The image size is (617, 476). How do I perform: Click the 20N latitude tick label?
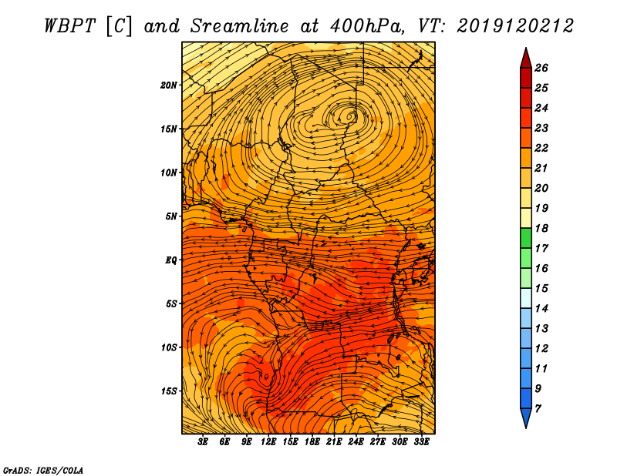pos(169,85)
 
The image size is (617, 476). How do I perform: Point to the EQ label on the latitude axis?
pos(170,260)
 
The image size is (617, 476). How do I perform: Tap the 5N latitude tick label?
pos(171,216)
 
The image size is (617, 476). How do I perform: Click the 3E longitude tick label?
pos(203,442)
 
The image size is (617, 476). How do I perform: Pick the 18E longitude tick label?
pos(312,442)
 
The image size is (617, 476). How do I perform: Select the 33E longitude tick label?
pos(421,442)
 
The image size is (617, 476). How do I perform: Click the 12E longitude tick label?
pos(268,442)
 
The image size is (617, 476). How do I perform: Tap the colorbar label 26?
pos(541,68)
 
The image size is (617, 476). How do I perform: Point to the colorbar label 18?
pos(541,228)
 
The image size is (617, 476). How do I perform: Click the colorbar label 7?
pos(538,408)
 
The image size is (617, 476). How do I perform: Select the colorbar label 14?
pos(541,309)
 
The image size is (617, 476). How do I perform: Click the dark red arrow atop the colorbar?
pos(526,59)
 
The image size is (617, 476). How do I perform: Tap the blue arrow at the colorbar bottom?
pos(526,417)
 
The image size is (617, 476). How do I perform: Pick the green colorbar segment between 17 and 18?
pos(526,238)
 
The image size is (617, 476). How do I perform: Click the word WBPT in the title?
pos(69,26)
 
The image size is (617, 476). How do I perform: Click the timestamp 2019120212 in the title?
pos(515,26)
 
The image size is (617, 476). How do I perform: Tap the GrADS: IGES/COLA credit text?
pos(43,470)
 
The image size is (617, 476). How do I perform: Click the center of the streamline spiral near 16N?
pos(349,116)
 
